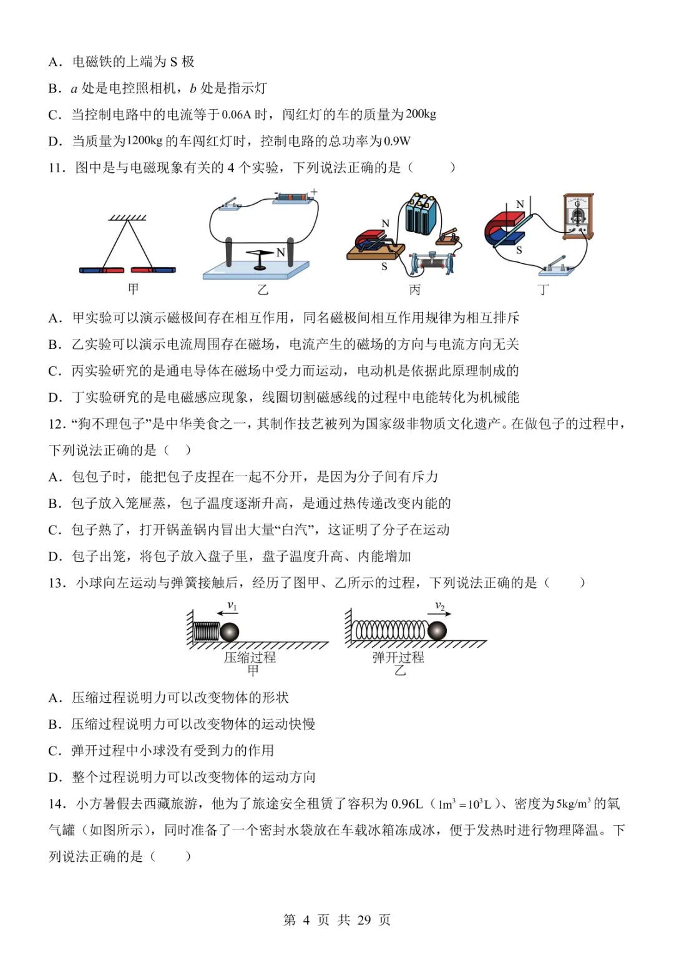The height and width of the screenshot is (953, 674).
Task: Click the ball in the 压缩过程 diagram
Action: pyautogui.click(x=229, y=632)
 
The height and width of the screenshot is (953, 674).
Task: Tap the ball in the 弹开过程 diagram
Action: pyautogui.click(x=437, y=630)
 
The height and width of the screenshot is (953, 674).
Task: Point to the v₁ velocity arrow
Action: pyautogui.click(x=226, y=614)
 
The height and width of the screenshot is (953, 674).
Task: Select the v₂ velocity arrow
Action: pyautogui.click(x=442, y=614)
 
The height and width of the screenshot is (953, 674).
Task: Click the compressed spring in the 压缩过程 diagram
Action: pyautogui.click(x=207, y=632)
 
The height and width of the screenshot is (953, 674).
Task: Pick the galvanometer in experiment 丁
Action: pyautogui.click(x=577, y=217)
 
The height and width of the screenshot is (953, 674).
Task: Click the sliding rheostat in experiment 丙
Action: pyautogui.click(x=431, y=262)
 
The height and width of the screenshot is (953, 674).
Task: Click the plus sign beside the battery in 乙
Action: pyautogui.click(x=314, y=192)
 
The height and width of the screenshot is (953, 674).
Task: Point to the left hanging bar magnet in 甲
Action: pyautogui.click(x=102, y=270)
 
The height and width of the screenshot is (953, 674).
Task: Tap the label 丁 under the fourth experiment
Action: pyautogui.click(x=544, y=290)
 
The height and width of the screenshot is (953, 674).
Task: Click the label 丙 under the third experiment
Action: pyautogui.click(x=415, y=290)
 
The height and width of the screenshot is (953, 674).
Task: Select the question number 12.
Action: pyautogui.click(x=57, y=424)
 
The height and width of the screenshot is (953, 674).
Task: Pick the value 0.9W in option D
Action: pyautogui.click(x=397, y=141)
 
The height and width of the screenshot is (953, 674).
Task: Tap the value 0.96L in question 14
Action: pyautogui.click(x=407, y=804)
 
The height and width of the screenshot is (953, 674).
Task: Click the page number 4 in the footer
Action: pyautogui.click(x=306, y=920)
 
